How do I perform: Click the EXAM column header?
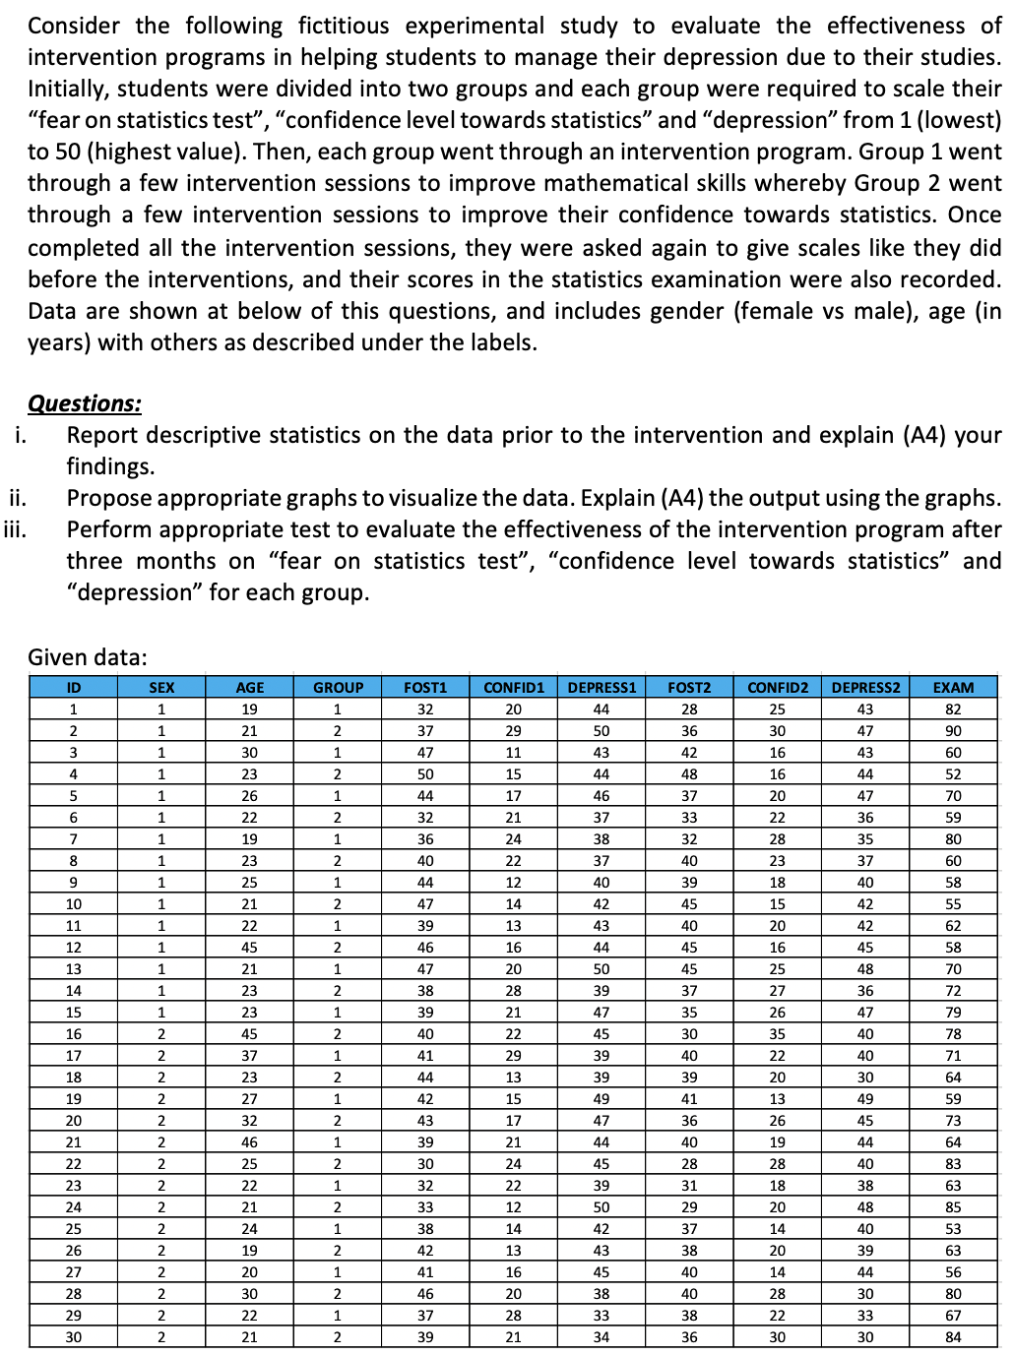click(x=952, y=687)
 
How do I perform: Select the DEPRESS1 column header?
click(x=602, y=687)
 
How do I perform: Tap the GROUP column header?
click(x=338, y=687)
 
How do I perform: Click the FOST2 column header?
click(x=689, y=687)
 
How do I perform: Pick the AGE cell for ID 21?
click(x=249, y=1141)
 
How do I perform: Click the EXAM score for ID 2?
click(x=952, y=730)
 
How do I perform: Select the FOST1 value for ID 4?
click(x=425, y=773)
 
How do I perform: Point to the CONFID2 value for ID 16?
click(x=777, y=1033)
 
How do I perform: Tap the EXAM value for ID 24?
click(x=952, y=1206)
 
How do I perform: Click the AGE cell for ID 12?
click(x=249, y=947)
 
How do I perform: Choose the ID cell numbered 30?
click(x=74, y=1336)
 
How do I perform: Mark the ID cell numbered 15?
click(x=74, y=1012)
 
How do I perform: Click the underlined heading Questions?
click(x=85, y=403)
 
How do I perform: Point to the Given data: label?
click(x=88, y=656)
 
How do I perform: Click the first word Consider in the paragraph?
click(x=74, y=26)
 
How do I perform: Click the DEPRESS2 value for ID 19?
click(x=864, y=1098)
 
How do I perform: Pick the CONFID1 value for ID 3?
click(x=513, y=752)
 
